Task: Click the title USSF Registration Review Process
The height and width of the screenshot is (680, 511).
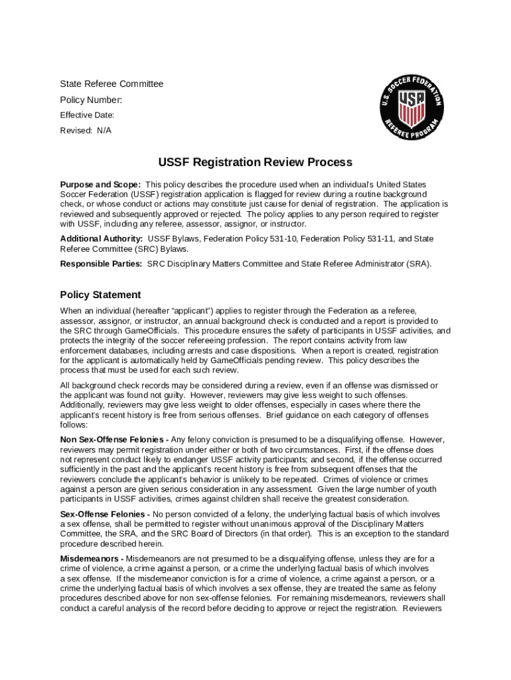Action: [x=255, y=162]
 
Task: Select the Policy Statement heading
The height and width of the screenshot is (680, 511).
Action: [x=100, y=294]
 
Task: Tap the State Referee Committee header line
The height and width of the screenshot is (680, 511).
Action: [x=111, y=84]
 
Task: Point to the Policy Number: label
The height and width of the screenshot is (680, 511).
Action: [x=91, y=100]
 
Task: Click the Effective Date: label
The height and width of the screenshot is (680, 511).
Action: [x=87, y=115]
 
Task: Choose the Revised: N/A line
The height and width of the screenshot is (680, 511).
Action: [x=86, y=130]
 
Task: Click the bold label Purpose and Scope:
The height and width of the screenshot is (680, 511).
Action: [x=100, y=184]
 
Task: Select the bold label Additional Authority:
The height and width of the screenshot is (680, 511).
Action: [x=102, y=238]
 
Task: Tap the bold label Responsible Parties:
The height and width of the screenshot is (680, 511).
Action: [x=101, y=264]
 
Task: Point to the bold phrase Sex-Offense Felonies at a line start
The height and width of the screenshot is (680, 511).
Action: [x=104, y=514]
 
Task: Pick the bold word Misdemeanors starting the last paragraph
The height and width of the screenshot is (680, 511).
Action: [x=90, y=558]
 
